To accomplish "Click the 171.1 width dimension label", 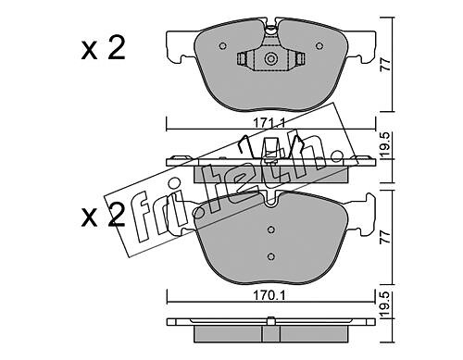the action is [269, 123].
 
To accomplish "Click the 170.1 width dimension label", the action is [269, 295].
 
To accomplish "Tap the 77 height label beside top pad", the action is [386, 64].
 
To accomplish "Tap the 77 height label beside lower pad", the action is [386, 237].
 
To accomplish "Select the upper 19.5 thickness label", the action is [386, 144].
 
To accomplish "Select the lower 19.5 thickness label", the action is [386, 305].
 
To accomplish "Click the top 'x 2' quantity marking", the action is [104, 49].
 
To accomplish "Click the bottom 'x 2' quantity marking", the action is [104, 216].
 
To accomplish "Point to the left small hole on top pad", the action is [222, 46].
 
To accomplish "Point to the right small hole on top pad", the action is [319, 46].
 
